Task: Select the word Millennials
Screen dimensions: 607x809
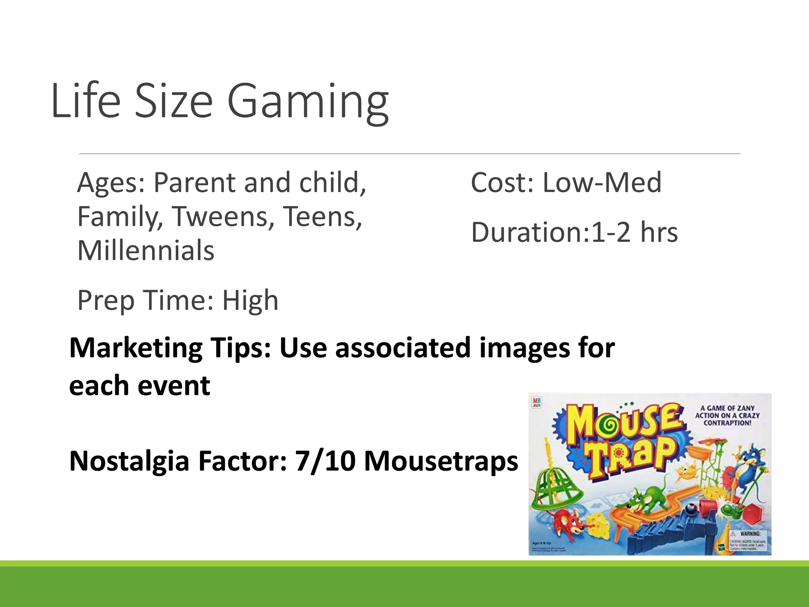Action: tap(146, 251)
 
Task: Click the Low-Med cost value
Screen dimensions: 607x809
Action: tap(602, 183)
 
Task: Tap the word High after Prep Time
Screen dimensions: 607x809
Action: tap(250, 300)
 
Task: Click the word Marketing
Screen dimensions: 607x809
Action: tap(136, 349)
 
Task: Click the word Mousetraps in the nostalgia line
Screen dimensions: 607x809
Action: tap(441, 461)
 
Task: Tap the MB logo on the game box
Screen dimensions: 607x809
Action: tap(537, 402)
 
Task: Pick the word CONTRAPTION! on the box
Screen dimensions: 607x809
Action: tap(728, 423)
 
